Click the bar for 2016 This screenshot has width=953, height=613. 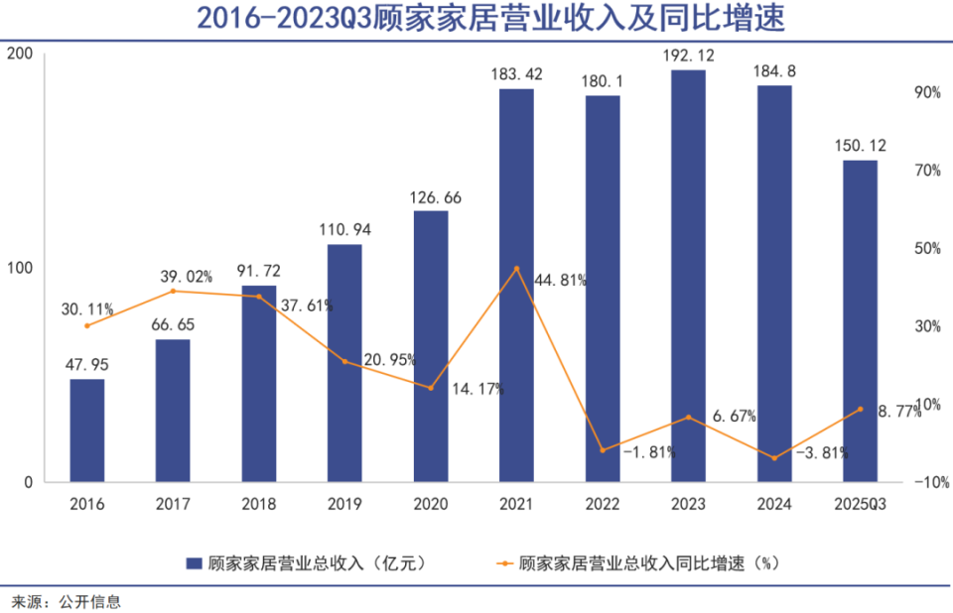[x=86, y=430]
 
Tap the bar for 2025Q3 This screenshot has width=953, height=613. [x=860, y=321]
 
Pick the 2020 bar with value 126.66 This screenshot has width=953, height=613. [x=431, y=346]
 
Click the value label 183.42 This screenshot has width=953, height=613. [x=516, y=73]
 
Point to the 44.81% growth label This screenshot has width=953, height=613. [x=560, y=280]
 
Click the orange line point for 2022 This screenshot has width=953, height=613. [x=603, y=450]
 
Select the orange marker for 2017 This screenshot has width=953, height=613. [x=173, y=291]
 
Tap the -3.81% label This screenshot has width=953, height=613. [x=822, y=452]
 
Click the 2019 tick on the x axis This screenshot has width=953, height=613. [x=344, y=504]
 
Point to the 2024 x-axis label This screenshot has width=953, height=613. [x=774, y=504]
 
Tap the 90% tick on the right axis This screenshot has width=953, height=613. [x=926, y=92]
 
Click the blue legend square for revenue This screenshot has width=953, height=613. [x=195, y=563]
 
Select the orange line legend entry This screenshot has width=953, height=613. [x=506, y=563]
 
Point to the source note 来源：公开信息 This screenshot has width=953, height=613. [x=66, y=600]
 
